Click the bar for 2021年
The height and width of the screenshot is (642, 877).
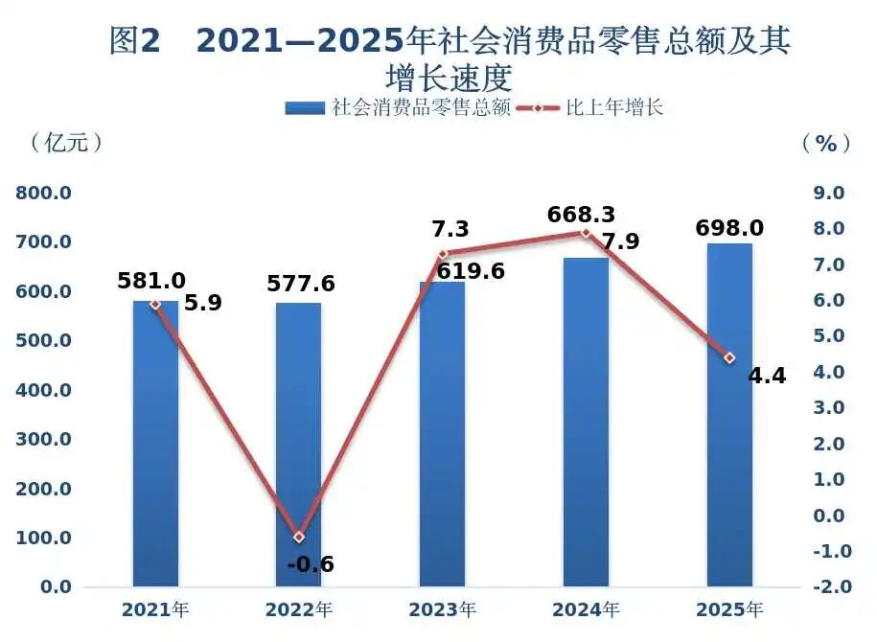(155, 450)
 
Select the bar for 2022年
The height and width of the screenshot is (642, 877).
(298, 450)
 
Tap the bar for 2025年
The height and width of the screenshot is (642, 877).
(729, 422)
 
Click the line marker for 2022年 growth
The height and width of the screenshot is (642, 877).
(298, 537)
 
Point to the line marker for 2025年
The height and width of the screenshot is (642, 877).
(729, 357)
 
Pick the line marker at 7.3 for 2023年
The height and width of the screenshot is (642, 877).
(443, 254)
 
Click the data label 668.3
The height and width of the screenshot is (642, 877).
(581, 214)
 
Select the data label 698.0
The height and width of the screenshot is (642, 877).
(729, 228)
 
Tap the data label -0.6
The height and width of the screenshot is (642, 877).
(311, 564)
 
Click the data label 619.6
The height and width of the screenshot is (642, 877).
(471, 272)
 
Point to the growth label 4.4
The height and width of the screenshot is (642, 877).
(767, 376)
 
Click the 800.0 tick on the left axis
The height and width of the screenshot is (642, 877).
(44, 193)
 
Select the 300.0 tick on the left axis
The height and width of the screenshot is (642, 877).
(44, 439)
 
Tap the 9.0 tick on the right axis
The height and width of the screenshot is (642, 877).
(827, 193)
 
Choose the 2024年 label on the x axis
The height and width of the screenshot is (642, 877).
(586, 609)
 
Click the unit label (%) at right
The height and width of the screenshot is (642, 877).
(826, 144)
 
